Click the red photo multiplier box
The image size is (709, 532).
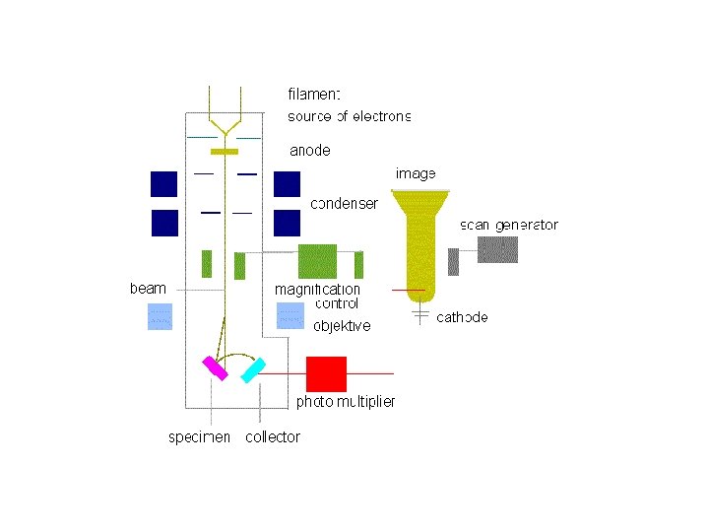coord(326,374)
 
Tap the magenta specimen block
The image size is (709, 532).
coord(215,367)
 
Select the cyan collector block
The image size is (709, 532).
coord(253,370)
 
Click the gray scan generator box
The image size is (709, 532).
coord(497,249)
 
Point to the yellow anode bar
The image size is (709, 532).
coord(225,152)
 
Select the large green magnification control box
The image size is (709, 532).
coord(317,261)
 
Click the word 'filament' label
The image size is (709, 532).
coord(314,95)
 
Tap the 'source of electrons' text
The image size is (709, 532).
coord(349,116)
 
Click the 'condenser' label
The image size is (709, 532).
coord(344,204)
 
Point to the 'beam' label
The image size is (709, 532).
coord(148,289)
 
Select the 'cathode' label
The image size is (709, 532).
coord(462,317)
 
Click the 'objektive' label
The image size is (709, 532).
coord(342,326)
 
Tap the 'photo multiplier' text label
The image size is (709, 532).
coord(345,401)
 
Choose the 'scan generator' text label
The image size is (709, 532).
coord(509,225)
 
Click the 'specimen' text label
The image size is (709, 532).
coord(199,436)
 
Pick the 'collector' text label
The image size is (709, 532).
coord(273,436)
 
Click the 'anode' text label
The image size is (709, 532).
coord(309,151)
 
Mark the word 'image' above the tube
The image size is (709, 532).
coord(416,173)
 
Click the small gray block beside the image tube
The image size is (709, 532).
coord(453,262)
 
